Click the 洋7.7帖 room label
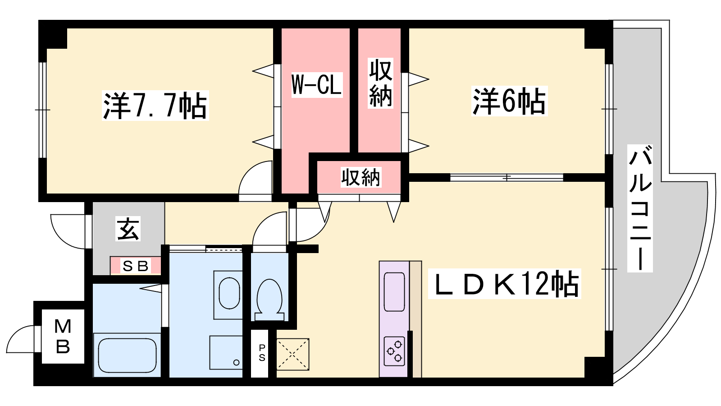click(x=155, y=106)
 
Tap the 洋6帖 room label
click(x=509, y=101)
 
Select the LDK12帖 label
click(x=504, y=284)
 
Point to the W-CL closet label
click(x=317, y=85)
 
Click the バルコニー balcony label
click(x=640, y=208)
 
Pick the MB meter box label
click(x=63, y=336)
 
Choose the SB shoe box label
click(x=136, y=266)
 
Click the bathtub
click(x=127, y=355)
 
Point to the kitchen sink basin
click(x=394, y=292)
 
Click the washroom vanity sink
click(x=229, y=293)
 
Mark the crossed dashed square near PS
click(x=292, y=354)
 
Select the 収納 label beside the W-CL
click(x=380, y=83)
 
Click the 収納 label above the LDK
click(x=361, y=177)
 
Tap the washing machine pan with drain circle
click(x=226, y=352)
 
